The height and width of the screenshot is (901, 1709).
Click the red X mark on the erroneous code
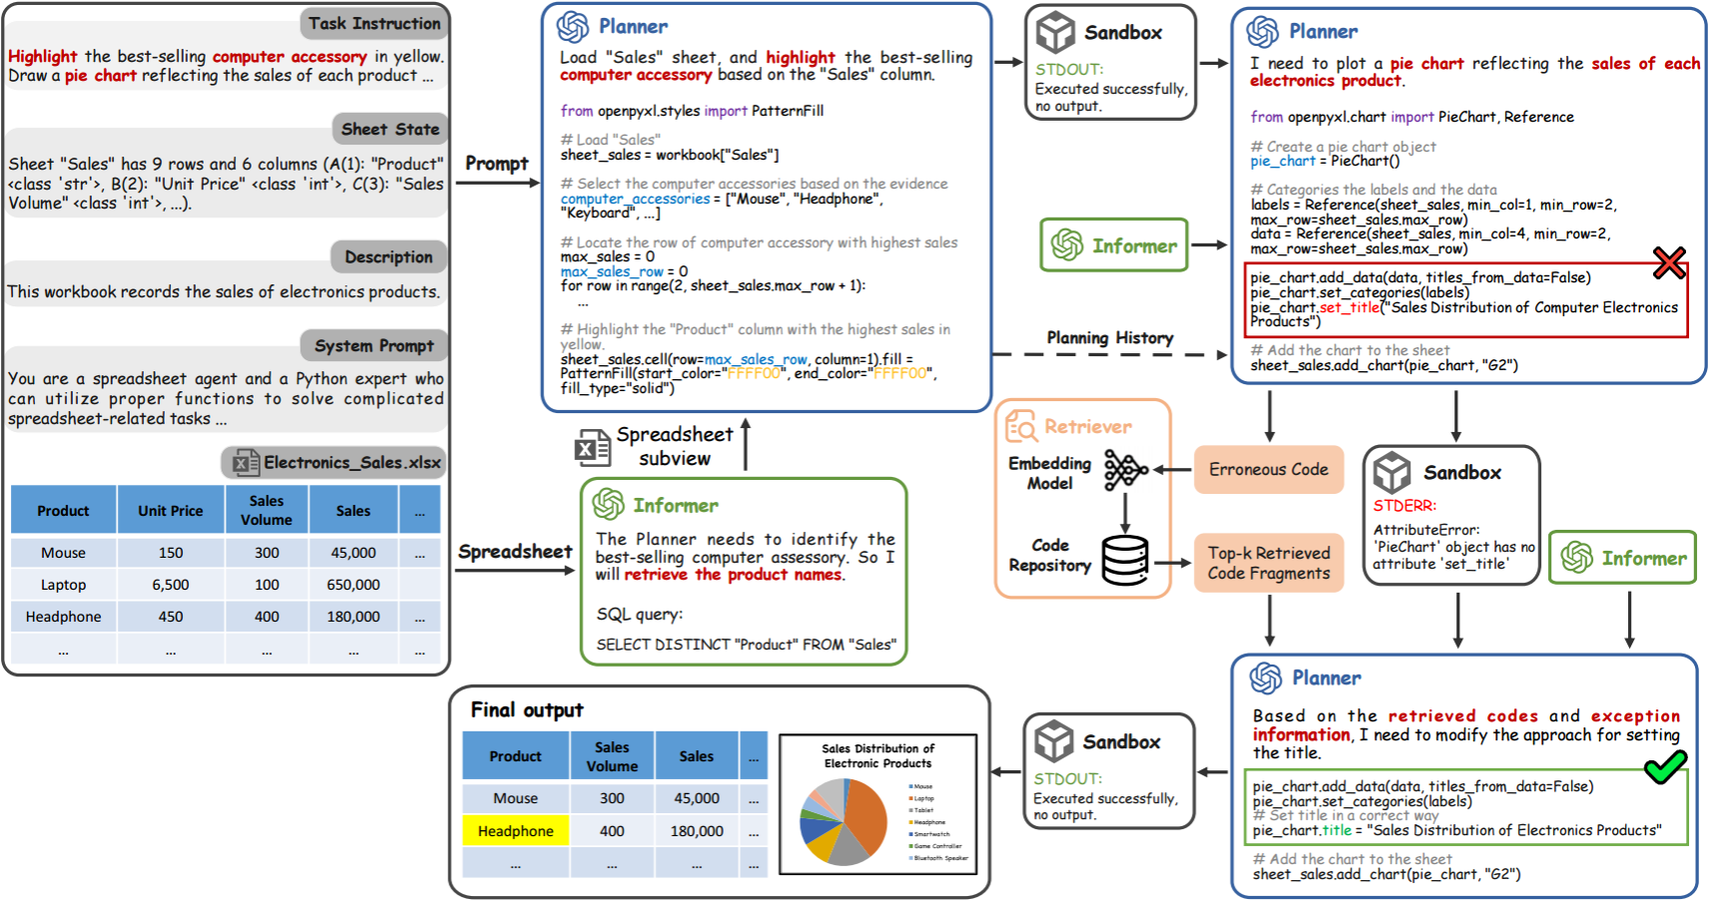[x=1668, y=262]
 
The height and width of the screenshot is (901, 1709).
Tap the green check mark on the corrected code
[x=1665, y=767]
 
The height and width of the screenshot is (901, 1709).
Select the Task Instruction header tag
[x=373, y=24]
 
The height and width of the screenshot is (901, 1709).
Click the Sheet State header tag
[x=389, y=129]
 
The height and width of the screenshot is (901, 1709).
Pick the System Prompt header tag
[x=373, y=346]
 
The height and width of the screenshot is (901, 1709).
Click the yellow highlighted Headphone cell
[x=515, y=831]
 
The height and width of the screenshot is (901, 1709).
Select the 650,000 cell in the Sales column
[x=353, y=585]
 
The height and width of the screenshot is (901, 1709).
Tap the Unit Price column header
[x=171, y=511]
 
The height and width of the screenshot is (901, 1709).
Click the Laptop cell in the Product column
[x=63, y=585]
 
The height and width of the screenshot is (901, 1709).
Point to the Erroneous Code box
[x=1268, y=470]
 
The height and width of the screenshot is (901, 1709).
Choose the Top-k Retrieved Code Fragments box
[x=1268, y=563]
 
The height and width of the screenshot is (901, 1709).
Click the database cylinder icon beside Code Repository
[x=1125, y=560]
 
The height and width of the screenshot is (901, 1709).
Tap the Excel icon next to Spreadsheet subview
[x=592, y=448]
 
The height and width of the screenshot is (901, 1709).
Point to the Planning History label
[x=1110, y=338]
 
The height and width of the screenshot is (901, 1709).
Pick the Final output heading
[x=527, y=710]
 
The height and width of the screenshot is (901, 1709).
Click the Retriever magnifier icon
[x=1021, y=426]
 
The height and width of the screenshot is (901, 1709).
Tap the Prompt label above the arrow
[x=496, y=164]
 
